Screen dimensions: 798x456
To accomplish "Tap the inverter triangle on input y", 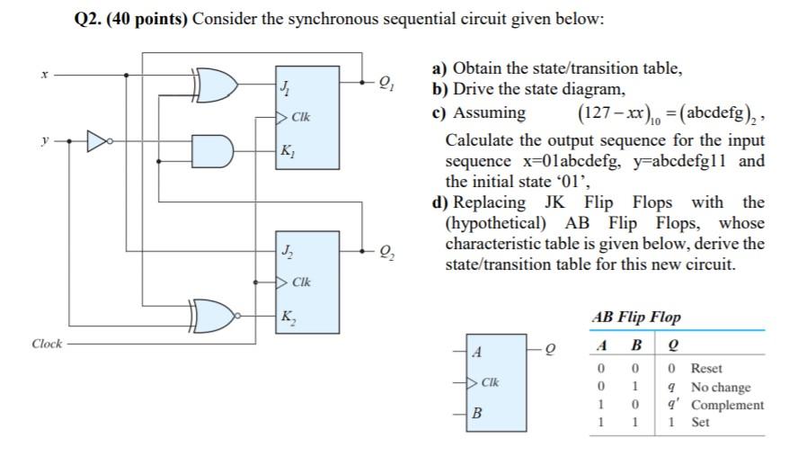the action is click(x=98, y=141).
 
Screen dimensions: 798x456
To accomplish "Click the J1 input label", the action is click(x=284, y=88).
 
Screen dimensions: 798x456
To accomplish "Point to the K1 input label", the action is click(x=287, y=151).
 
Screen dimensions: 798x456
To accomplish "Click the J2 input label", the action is click(x=287, y=250).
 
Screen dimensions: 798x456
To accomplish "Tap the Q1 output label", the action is click(x=386, y=83).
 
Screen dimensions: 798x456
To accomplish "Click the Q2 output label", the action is click(x=387, y=251).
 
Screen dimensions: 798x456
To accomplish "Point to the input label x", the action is click(x=44, y=75).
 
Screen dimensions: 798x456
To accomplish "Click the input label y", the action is click(x=45, y=140).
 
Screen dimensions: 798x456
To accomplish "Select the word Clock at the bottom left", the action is click(x=47, y=344).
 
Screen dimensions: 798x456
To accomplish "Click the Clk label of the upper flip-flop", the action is click(x=300, y=117).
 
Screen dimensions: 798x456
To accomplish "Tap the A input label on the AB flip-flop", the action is click(x=477, y=352).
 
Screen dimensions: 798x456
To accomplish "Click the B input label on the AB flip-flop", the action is click(x=477, y=413).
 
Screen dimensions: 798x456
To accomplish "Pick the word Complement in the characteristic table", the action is click(x=727, y=406).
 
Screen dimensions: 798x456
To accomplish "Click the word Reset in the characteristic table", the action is click(x=706, y=369).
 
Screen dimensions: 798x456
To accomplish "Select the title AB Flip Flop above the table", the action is click(x=636, y=317).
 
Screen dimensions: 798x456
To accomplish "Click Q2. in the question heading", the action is click(x=87, y=20).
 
